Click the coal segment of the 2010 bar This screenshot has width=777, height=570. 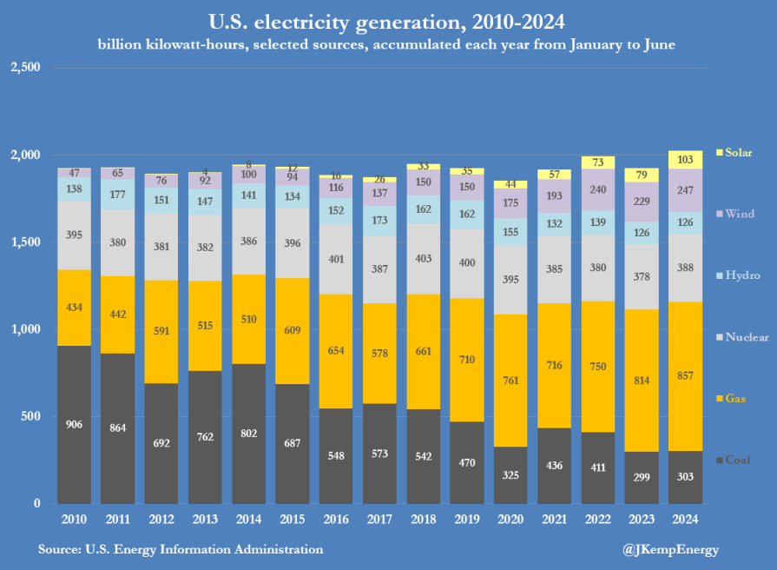click(74, 424)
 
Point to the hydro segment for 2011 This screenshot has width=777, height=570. click(117, 194)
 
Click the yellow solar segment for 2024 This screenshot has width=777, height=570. click(686, 159)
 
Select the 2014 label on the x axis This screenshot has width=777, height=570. click(248, 520)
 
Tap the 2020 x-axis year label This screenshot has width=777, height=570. click(510, 520)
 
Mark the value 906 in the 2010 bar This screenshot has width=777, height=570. click(74, 424)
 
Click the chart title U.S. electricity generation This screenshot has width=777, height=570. click(387, 21)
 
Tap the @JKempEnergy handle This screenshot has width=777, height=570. click(671, 549)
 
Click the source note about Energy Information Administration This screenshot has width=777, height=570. click(180, 549)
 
